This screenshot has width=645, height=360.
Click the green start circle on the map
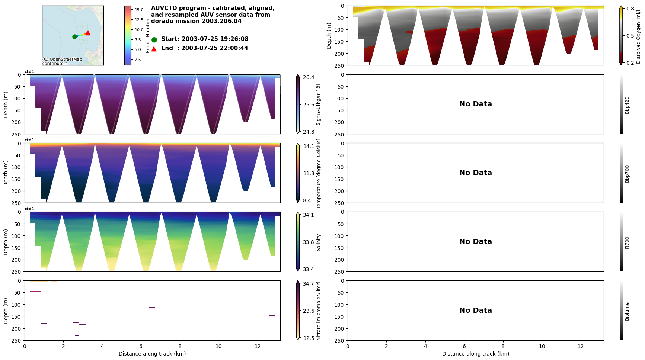(74, 36)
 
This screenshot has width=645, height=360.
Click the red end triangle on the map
(88, 33)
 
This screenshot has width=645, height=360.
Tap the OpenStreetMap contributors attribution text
(62, 61)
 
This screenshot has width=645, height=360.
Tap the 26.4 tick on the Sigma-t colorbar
(309, 77)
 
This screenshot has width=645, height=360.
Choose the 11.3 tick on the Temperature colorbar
(309, 173)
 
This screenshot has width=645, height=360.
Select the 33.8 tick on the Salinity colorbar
(309, 242)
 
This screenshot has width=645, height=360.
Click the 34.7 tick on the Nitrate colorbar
(309, 284)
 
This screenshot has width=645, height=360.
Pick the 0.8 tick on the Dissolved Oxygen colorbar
(630, 9)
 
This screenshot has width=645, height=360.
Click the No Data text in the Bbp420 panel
(475, 104)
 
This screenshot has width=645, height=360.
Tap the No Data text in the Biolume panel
(475, 311)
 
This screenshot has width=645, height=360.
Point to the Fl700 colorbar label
(627, 242)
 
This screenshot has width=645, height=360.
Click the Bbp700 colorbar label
(627, 174)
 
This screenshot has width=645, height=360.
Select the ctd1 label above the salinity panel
(29, 209)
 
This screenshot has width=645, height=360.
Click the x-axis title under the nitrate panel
(152, 354)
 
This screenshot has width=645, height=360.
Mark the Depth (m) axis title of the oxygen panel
(329, 36)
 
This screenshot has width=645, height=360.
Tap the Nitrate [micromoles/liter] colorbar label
(319, 311)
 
